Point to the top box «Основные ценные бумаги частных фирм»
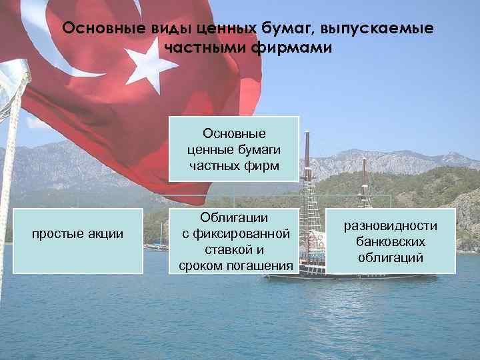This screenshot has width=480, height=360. pyautogui.click(x=233, y=149)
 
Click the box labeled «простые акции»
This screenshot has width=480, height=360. pyautogui.click(x=78, y=241)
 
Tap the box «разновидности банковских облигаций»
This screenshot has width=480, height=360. pyautogui.click(x=391, y=241)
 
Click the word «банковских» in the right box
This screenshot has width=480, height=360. pyautogui.click(x=391, y=241)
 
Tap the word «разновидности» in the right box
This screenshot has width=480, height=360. pyautogui.click(x=391, y=226)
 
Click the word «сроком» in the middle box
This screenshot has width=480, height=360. pyautogui.click(x=203, y=267)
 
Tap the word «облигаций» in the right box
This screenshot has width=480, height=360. pyautogui.click(x=391, y=257)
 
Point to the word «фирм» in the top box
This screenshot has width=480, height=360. pyautogui.click(x=263, y=164)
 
